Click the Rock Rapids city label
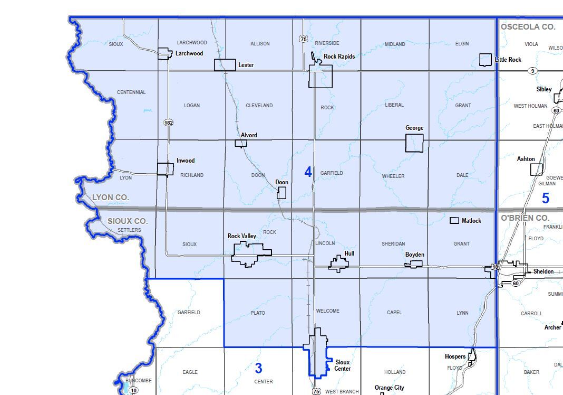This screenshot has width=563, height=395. (x=339, y=57)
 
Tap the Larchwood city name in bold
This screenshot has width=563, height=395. (x=189, y=53)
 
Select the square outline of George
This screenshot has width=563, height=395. (x=414, y=143)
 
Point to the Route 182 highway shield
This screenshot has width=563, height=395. (x=168, y=123)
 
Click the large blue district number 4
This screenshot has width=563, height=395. (x=308, y=172)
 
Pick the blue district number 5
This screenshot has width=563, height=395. (x=546, y=199)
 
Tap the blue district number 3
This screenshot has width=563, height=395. (x=258, y=368)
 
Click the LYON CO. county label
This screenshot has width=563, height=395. (x=110, y=197)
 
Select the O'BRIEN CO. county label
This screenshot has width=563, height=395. (x=525, y=218)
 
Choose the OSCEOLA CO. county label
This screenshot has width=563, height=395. (x=528, y=26)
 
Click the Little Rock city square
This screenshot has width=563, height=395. (x=486, y=60)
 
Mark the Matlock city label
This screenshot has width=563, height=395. (x=471, y=221)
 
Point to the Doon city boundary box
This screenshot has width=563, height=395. (x=281, y=193)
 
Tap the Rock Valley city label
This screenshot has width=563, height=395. (x=241, y=236)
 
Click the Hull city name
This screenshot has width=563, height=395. (x=349, y=253)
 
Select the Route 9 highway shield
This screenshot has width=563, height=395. (x=533, y=71)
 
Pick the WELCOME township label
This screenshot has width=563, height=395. (x=327, y=311)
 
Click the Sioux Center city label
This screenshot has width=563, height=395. (x=343, y=365)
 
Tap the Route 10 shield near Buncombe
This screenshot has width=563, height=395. (x=134, y=390)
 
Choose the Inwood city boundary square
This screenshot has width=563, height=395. (x=166, y=169)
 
